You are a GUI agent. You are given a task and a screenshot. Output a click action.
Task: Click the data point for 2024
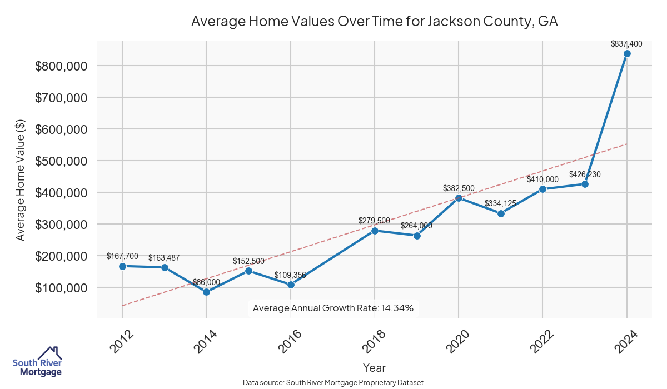pos(627,53)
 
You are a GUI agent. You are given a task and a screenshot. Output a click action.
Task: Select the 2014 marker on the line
pos(206,292)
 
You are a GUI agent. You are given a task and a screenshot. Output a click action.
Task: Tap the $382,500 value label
pos(459,188)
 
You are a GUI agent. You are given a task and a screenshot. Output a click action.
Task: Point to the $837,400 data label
pos(626,43)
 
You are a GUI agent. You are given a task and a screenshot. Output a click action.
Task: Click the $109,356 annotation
pos(290,275)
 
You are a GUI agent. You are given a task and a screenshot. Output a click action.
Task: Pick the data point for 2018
pos(375,231)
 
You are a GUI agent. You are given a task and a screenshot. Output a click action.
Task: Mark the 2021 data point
pos(501,213)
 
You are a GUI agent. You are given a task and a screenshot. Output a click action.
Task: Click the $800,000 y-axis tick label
pos(62,66)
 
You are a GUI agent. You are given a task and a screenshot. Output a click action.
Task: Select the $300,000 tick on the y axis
pos(62,225)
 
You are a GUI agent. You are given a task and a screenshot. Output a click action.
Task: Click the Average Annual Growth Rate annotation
pos(333,308)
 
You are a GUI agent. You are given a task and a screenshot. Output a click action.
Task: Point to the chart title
pos(375,22)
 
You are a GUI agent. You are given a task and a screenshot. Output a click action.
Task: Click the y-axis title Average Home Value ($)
pos(20,179)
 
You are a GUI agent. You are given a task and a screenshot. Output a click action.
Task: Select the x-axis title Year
pos(374,367)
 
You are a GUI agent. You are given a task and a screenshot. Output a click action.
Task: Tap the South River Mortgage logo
pos(37,361)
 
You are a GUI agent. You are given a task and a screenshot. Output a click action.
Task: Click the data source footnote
pos(333,383)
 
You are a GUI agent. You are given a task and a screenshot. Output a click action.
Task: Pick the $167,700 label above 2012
pos(122,256)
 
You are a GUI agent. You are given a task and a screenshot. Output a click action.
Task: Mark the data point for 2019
pos(417,236)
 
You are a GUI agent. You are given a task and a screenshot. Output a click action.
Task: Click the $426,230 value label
pos(585,174)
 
